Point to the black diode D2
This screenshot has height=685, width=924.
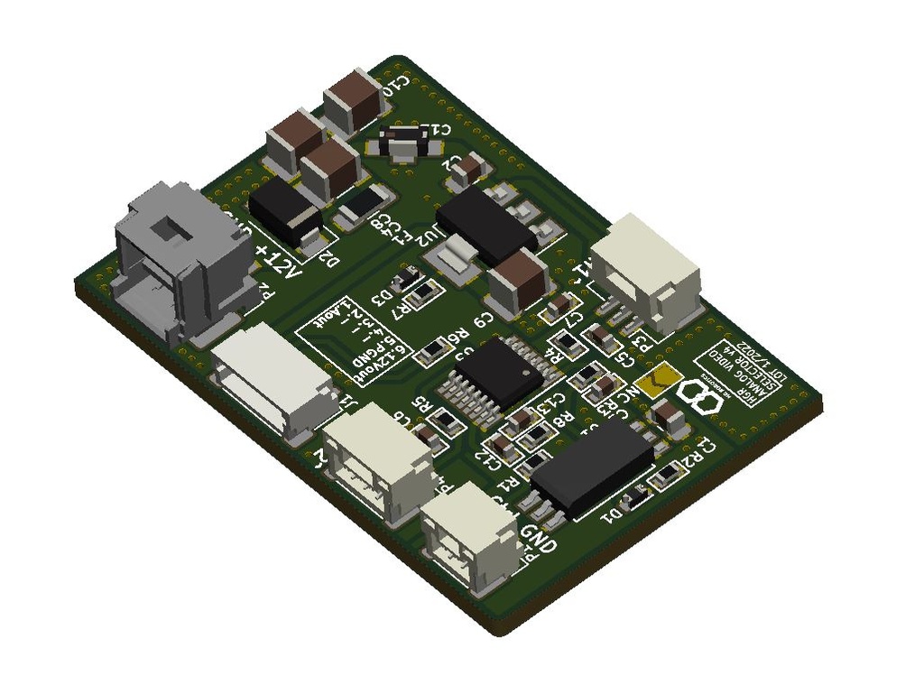tap(286, 213)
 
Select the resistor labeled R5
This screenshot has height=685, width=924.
tap(446, 420)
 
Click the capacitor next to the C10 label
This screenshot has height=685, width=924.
tap(356, 102)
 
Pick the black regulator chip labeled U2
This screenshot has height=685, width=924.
tap(485, 226)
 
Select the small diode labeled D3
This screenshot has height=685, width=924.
tap(409, 280)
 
